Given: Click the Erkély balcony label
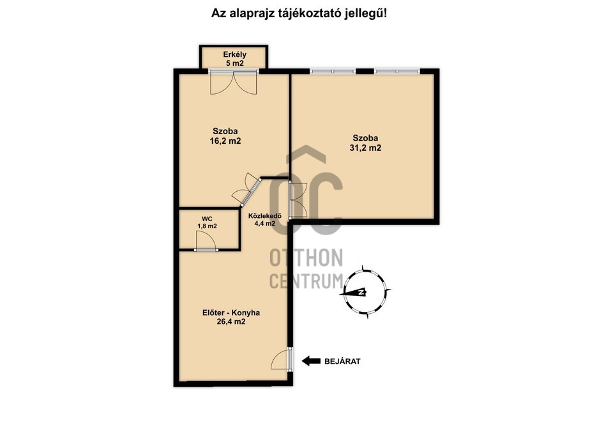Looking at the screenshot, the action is [234, 54].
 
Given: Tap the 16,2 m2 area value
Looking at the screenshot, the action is [225, 141].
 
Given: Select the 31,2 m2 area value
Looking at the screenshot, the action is [365, 148].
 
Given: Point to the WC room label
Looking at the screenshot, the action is [207, 219].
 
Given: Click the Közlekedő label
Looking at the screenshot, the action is [265, 216].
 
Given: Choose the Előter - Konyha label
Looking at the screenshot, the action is [231, 313].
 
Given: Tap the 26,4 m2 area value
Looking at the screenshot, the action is [231, 322].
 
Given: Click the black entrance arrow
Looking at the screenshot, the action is [311, 361].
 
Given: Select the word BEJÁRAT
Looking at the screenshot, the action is [342, 361].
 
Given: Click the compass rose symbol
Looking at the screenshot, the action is [365, 291].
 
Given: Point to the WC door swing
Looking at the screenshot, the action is [205, 240].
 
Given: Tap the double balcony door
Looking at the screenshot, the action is [234, 82].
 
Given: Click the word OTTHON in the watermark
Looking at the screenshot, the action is [306, 258].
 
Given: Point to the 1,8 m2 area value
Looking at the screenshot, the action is [207, 226].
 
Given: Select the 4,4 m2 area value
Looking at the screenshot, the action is [265, 224].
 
